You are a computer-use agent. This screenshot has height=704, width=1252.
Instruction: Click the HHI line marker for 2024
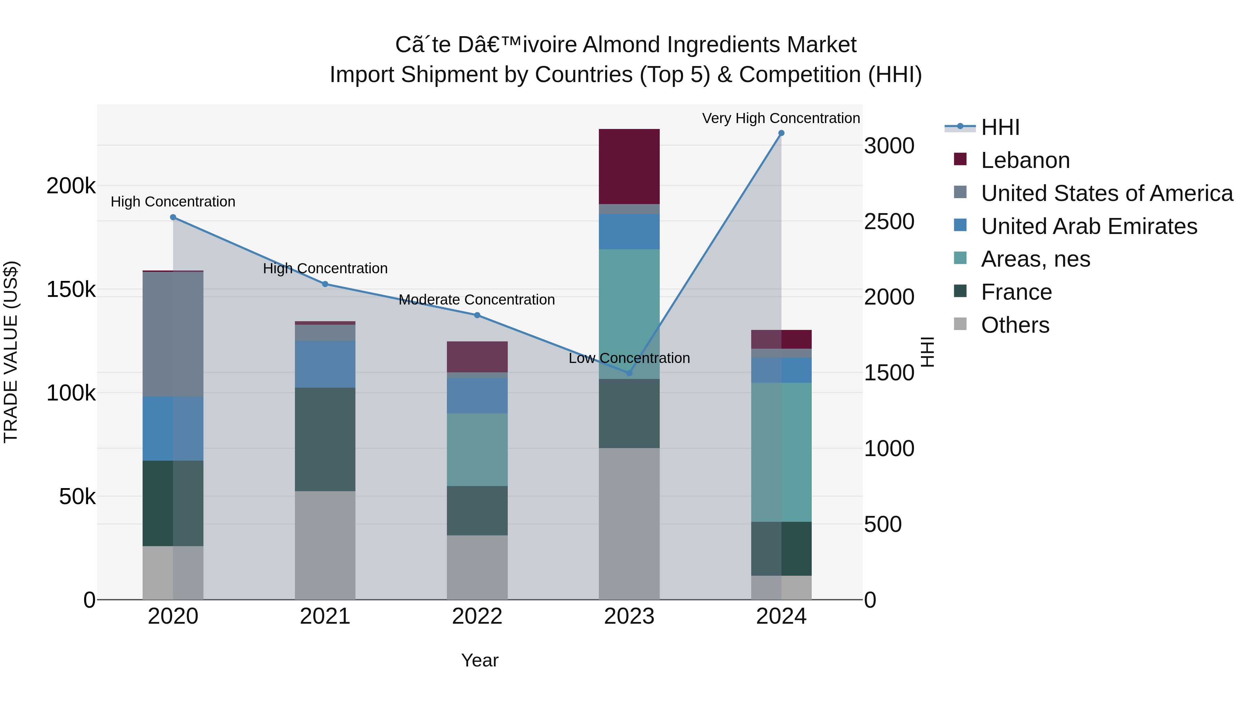[781, 133]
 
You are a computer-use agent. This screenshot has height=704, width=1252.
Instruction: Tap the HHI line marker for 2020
[173, 217]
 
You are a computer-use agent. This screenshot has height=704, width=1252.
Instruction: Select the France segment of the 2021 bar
[325, 439]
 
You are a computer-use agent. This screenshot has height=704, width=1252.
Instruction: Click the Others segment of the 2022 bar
[477, 567]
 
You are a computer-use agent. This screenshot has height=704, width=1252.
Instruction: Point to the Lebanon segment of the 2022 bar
[477, 357]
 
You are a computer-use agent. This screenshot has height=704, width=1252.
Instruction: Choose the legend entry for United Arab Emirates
[1089, 226]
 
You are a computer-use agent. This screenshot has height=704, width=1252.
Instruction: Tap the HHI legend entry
[1000, 127]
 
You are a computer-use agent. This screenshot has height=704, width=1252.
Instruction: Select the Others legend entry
[1015, 325]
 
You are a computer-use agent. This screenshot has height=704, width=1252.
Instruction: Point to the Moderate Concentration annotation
[476, 300]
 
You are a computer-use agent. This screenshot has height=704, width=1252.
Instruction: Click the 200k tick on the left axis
[71, 186]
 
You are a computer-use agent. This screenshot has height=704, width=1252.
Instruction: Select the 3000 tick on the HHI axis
[889, 146]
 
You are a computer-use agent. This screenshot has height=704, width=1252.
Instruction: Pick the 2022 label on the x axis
[477, 616]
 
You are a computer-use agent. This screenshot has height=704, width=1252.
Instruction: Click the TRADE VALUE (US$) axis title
[11, 352]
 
